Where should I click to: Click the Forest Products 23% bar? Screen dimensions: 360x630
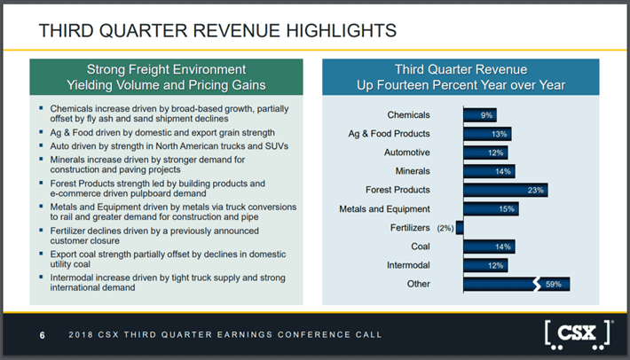click(x=504, y=189)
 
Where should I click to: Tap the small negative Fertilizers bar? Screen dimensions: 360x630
click(x=460, y=227)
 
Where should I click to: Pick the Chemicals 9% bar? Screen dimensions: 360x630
click(x=479, y=114)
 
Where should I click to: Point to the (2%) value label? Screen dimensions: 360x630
click(x=444, y=228)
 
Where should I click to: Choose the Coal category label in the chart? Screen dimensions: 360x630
click(x=421, y=247)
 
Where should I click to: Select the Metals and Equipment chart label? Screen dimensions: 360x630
click(x=384, y=209)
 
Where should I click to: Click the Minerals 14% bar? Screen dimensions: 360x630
click(x=488, y=170)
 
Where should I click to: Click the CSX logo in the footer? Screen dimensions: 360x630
click(x=577, y=334)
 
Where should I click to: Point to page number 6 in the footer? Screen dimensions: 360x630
click(x=42, y=335)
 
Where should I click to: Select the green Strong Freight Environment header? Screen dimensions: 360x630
click(x=166, y=76)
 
